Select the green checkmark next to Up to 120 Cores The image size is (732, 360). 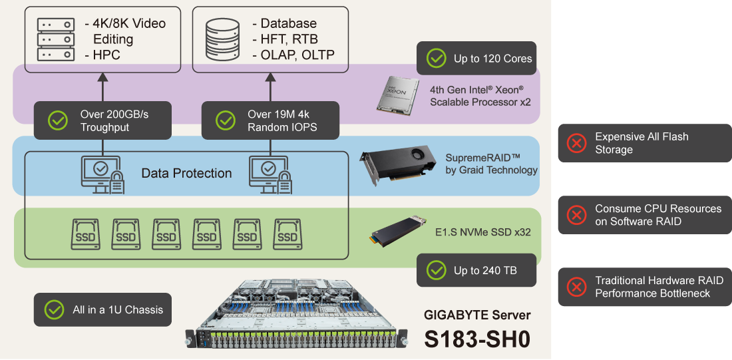click(x=436, y=59)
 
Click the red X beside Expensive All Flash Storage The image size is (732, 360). click(x=576, y=143)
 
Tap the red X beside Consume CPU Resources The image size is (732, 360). click(x=576, y=215)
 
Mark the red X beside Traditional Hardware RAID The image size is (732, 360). click(x=576, y=287)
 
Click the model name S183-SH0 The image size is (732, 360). click(x=477, y=339)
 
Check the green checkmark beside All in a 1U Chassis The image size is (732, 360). click(x=53, y=309)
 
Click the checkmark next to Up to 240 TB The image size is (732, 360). click(x=436, y=270)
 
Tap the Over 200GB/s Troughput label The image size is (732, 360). click(x=114, y=120)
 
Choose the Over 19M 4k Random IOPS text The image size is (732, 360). click(x=282, y=120)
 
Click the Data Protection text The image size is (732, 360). click(x=186, y=174)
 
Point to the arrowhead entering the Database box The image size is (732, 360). click(x=270, y=77)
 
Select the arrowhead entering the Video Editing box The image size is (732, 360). click(x=103, y=77)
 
